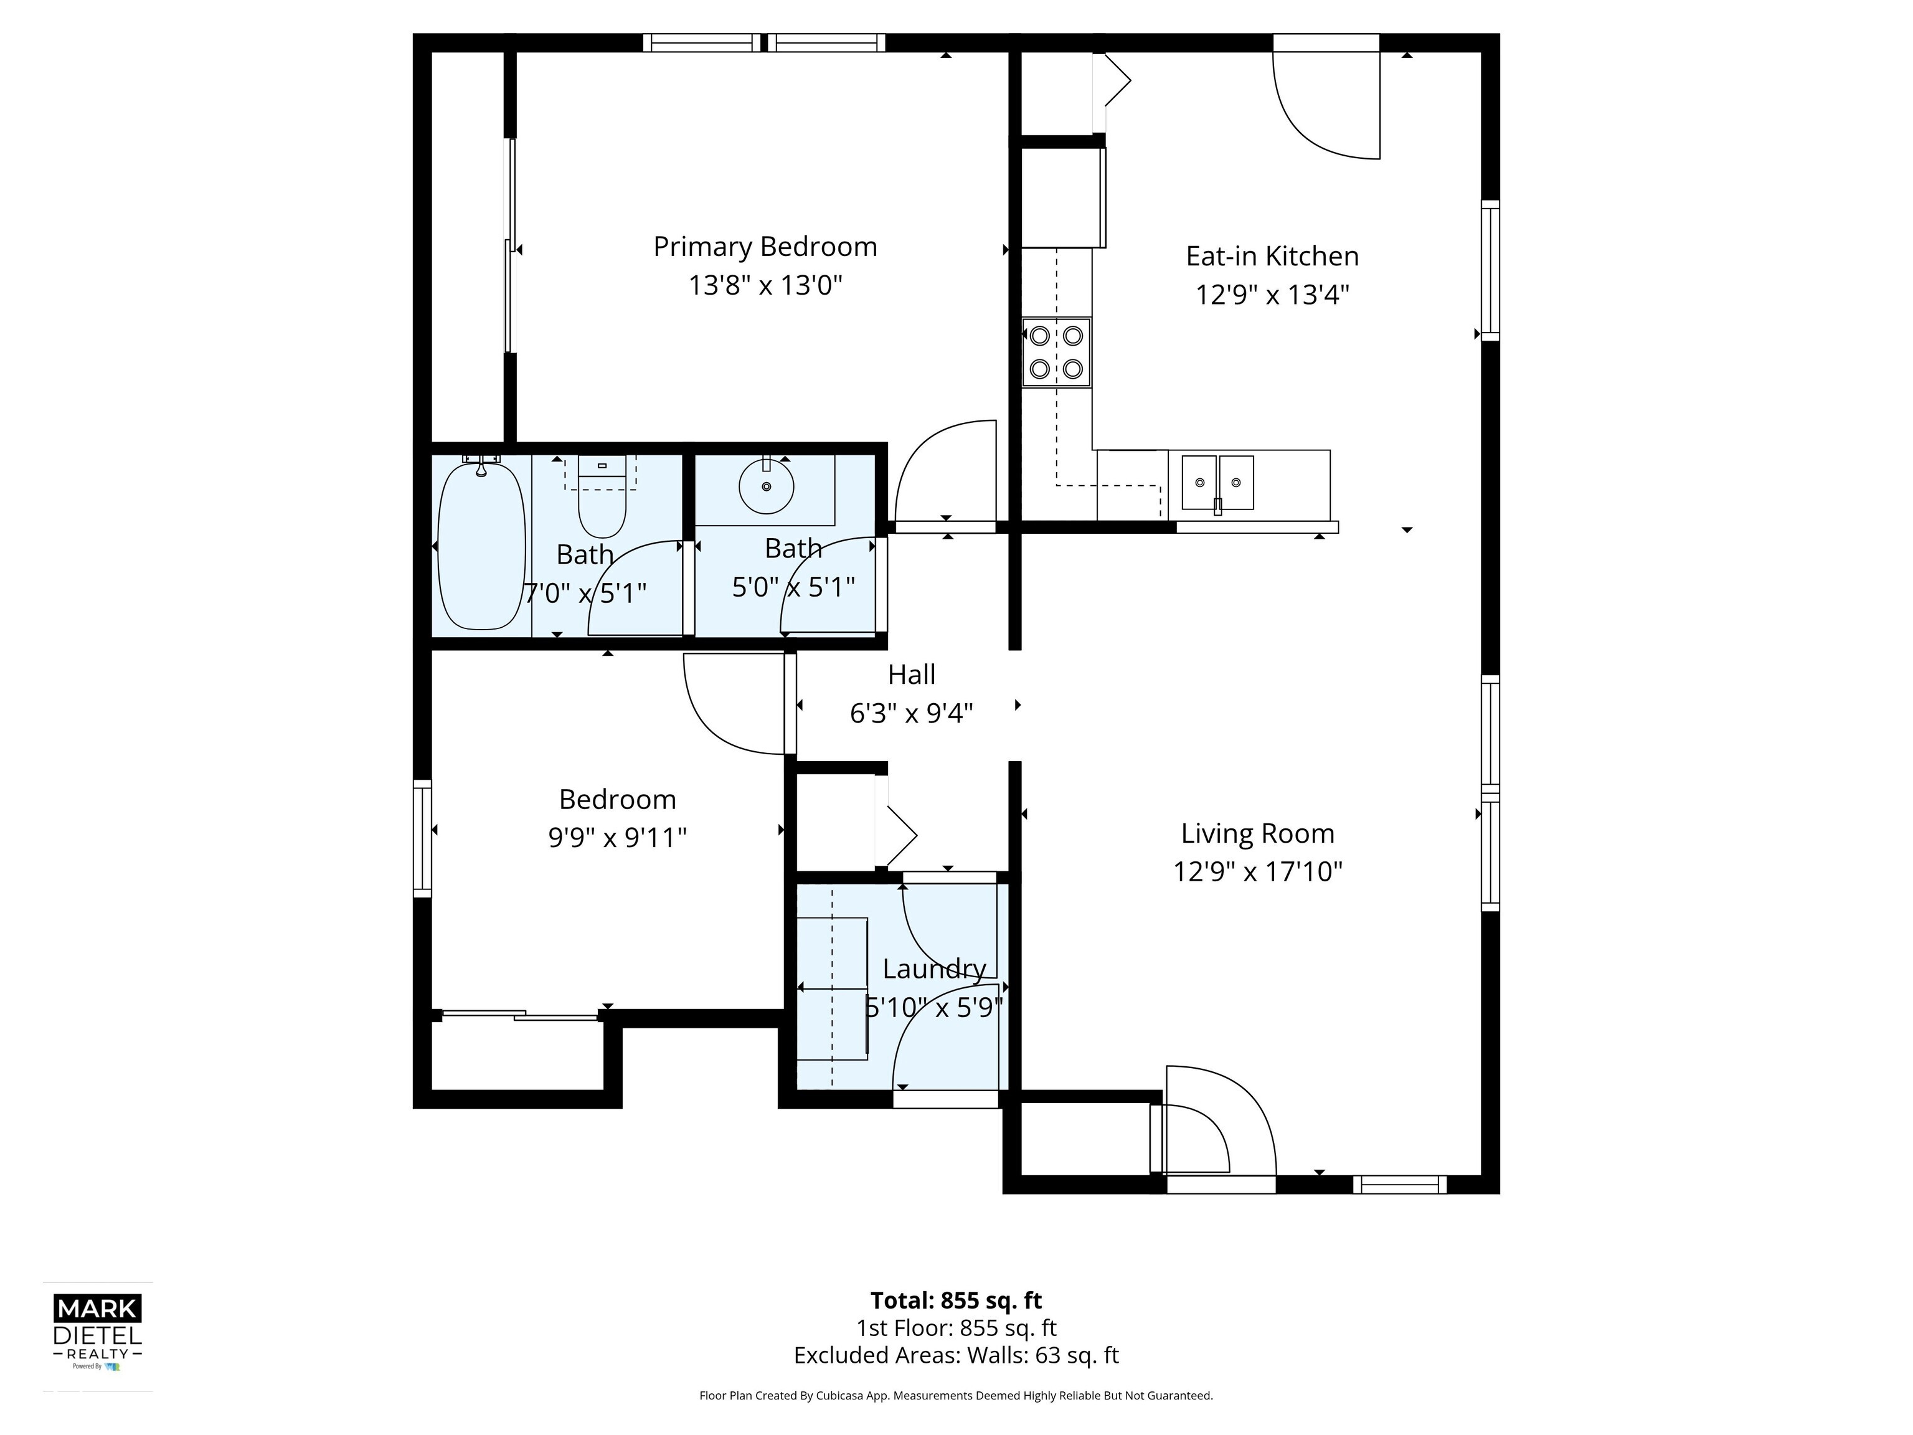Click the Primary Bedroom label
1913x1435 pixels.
coord(765,247)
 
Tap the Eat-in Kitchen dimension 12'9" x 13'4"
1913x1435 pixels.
coord(1272,295)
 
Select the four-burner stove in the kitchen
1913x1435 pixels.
coord(1056,352)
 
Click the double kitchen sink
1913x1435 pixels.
coord(1217,483)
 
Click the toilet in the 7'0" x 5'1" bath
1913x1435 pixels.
coord(601,501)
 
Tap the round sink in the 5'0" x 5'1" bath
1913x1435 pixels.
coord(765,487)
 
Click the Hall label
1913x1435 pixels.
coord(912,675)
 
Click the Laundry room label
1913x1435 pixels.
coord(934,969)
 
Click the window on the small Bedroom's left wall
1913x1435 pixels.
coord(422,837)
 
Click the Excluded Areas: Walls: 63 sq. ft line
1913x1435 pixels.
coord(956,1355)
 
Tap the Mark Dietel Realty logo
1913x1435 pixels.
coord(97,1332)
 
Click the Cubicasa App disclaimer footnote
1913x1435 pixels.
coord(956,1395)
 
